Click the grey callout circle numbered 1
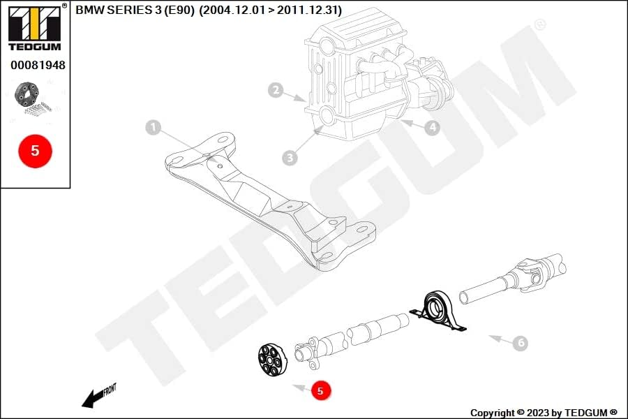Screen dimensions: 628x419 click(153, 128)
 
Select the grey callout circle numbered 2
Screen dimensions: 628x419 click(276, 90)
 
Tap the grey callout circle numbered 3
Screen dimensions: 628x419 click(290, 158)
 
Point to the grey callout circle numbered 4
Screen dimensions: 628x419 click(432, 128)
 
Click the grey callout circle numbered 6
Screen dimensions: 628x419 click(521, 343)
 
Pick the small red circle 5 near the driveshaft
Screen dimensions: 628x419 click(320, 390)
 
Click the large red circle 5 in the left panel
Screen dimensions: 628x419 click(36, 151)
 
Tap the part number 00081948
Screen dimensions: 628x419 click(38, 65)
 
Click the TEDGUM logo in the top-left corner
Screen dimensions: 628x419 click(36, 27)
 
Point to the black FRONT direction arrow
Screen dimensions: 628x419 click(93, 399)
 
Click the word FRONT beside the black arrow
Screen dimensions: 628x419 click(110, 390)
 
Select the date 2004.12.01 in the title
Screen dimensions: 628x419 click(232, 10)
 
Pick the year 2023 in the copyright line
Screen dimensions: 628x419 click(538, 413)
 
